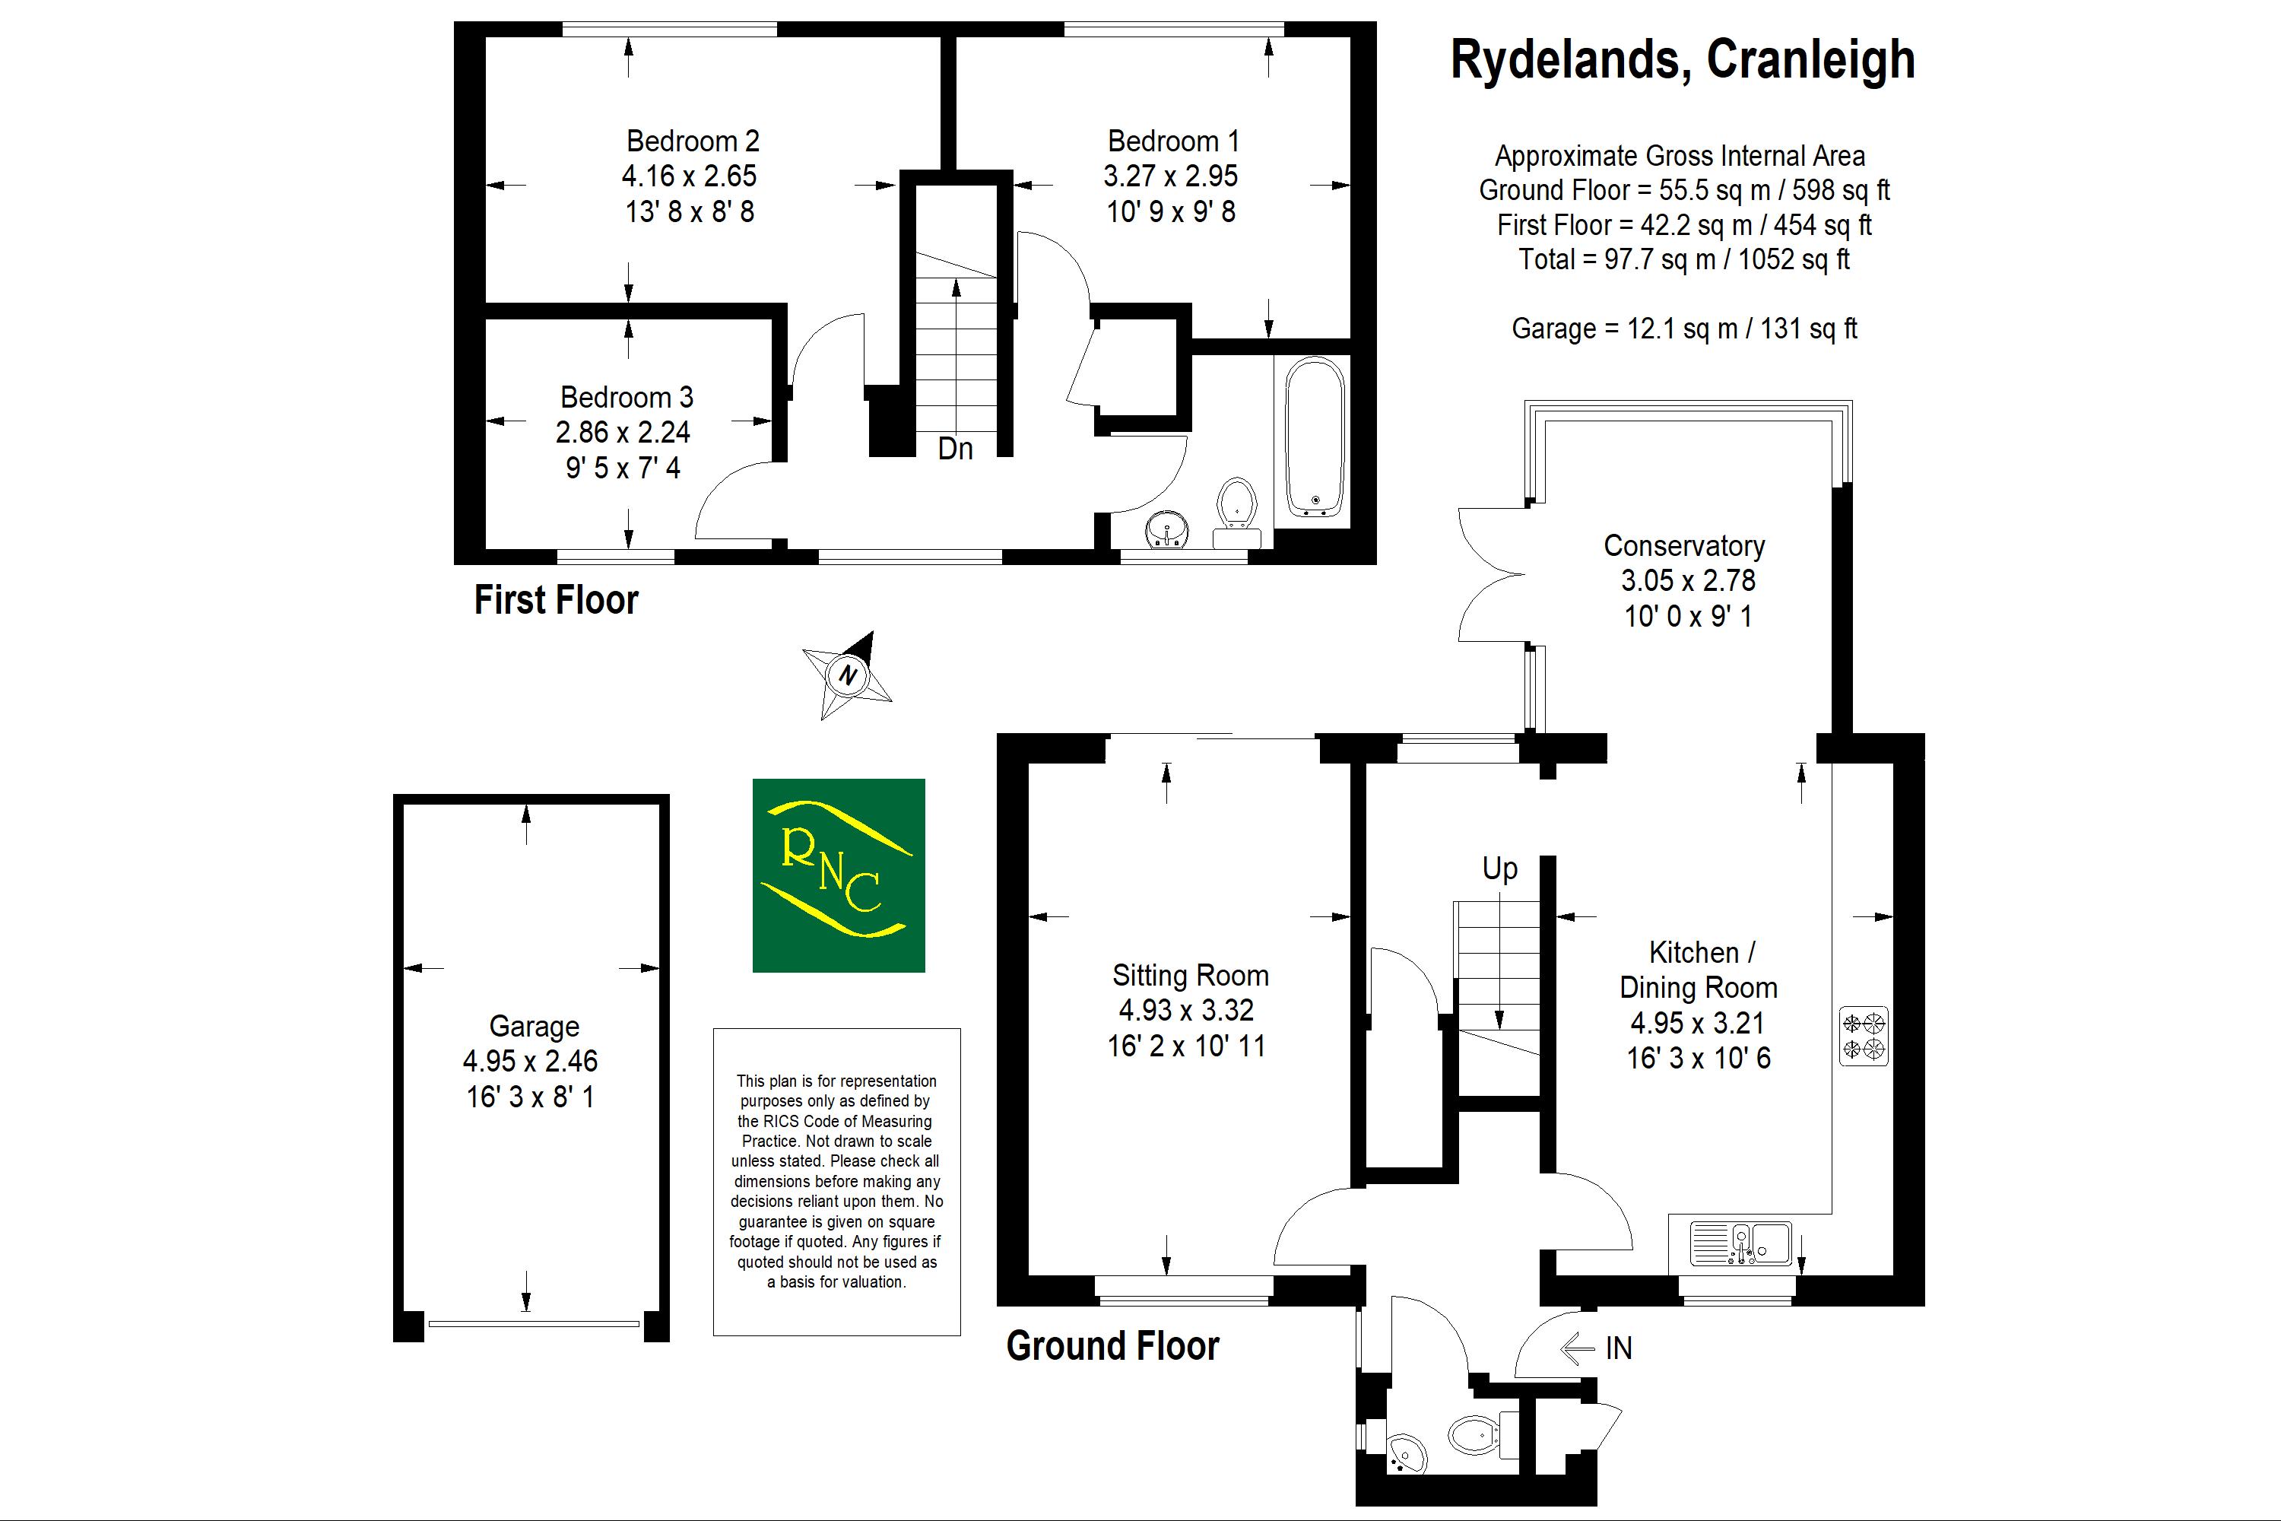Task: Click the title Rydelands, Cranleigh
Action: (1682, 60)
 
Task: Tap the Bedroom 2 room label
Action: (693, 141)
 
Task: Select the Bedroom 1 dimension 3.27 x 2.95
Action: (1171, 176)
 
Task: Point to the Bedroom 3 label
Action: (627, 398)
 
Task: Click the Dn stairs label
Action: (955, 449)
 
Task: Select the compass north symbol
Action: (848, 675)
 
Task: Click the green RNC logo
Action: (839, 875)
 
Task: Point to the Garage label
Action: (534, 1026)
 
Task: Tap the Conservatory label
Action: (1683, 546)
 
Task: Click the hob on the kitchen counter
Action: (1863, 1036)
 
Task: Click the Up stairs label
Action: (1499, 868)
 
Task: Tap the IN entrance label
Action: (1619, 1348)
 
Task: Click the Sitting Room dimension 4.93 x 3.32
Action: (1186, 1011)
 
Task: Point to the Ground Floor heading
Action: (1112, 1346)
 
